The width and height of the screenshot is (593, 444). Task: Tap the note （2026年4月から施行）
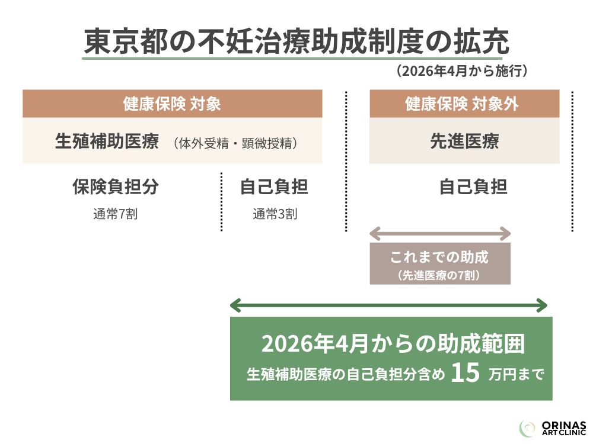pyautogui.click(x=462, y=72)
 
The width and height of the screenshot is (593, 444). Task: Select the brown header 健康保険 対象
pyautogui.click(x=172, y=104)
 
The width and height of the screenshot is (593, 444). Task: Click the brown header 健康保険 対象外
pyautogui.click(x=464, y=104)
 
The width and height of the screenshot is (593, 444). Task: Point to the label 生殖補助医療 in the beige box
pyautogui.click(x=107, y=142)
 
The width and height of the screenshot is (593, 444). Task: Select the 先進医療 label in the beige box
pyautogui.click(x=464, y=141)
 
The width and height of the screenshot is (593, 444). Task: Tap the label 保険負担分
pyautogui.click(x=116, y=187)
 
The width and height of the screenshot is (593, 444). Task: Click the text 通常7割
pyautogui.click(x=115, y=214)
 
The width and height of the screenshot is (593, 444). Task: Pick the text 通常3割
pyautogui.click(x=275, y=214)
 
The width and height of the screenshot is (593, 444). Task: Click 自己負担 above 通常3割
pyautogui.click(x=274, y=187)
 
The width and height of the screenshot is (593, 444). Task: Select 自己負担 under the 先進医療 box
pyautogui.click(x=473, y=187)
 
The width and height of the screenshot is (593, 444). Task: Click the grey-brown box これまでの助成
pyautogui.click(x=439, y=263)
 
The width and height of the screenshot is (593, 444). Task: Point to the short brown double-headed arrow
pyautogui.click(x=439, y=231)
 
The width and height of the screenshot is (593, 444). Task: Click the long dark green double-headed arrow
pyautogui.click(x=388, y=305)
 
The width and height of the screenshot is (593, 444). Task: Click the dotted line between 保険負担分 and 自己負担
pyautogui.click(x=221, y=201)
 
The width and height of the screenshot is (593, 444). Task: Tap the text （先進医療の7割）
pyautogui.click(x=439, y=276)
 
